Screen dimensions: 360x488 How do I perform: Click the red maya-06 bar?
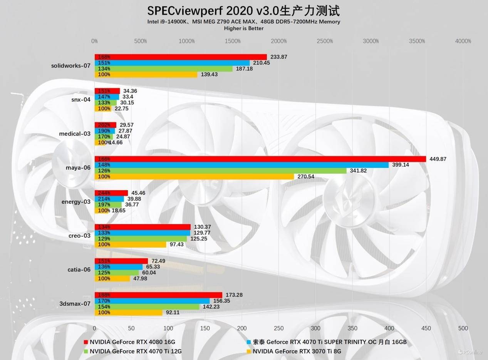260,159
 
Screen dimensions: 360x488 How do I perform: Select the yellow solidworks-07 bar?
146,74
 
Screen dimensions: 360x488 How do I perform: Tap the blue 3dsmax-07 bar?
152,301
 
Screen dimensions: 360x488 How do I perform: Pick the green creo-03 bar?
141,239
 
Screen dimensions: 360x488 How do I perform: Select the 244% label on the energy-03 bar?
104,193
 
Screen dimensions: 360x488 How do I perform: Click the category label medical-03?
75,134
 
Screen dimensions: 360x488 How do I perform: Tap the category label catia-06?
79,270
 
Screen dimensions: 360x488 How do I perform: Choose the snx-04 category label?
81,99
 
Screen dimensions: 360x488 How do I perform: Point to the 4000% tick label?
463,41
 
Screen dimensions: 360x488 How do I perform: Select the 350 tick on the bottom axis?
352,328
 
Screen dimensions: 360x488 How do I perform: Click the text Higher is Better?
244,28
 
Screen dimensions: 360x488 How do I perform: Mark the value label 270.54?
306,177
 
